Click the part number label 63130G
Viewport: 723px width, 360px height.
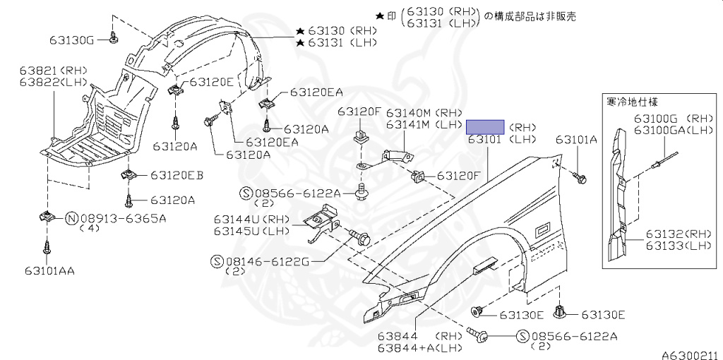click(x=71, y=40)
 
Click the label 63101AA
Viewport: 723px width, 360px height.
click(x=49, y=270)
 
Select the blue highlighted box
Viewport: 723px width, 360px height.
click(x=484, y=127)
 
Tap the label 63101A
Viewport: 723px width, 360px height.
click(x=576, y=140)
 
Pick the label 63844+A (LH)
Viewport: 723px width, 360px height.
click(x=419, y=347)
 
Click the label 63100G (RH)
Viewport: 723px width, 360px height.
click(x=673, y=119)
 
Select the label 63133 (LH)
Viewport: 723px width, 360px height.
click(x=679, y=245)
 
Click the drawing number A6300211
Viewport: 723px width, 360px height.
click(x=689, y=354)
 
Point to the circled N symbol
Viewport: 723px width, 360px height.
click(x=71, y=218)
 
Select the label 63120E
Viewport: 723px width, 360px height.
click(x=211, y=82)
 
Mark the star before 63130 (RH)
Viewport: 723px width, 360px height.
click(x=300, y=31)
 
